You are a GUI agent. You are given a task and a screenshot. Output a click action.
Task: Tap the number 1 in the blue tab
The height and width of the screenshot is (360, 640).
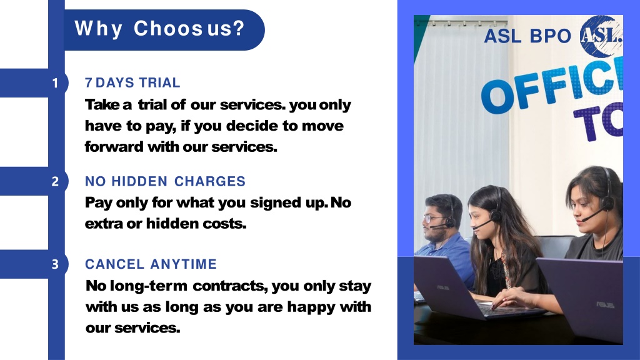(55, 83)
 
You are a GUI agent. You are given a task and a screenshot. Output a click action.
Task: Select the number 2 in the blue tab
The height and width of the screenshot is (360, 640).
(55, 181)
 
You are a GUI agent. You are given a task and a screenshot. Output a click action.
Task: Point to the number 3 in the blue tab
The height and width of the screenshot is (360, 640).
(55, 264)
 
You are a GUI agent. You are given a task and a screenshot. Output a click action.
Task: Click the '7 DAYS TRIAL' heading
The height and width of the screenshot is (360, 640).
(132, 83)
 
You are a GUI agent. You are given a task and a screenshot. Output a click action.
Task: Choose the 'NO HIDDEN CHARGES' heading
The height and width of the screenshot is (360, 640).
(165, 181)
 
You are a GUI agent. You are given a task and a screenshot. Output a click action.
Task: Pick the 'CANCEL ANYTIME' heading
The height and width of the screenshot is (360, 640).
(151, 264)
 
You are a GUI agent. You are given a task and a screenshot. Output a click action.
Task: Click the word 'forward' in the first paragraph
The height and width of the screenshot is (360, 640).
(114, 146)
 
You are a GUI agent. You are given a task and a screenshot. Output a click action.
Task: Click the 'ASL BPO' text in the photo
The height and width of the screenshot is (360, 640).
(527, 36)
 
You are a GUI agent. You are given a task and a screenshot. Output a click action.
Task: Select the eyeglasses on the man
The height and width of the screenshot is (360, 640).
(432, 218)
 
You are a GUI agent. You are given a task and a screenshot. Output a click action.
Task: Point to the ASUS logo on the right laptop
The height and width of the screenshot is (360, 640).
(605, 304)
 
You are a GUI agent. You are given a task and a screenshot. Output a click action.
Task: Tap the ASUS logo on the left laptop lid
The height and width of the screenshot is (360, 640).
(443, 287)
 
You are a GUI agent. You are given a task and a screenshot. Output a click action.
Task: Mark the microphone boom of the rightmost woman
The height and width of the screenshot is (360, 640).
(592, 215)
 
